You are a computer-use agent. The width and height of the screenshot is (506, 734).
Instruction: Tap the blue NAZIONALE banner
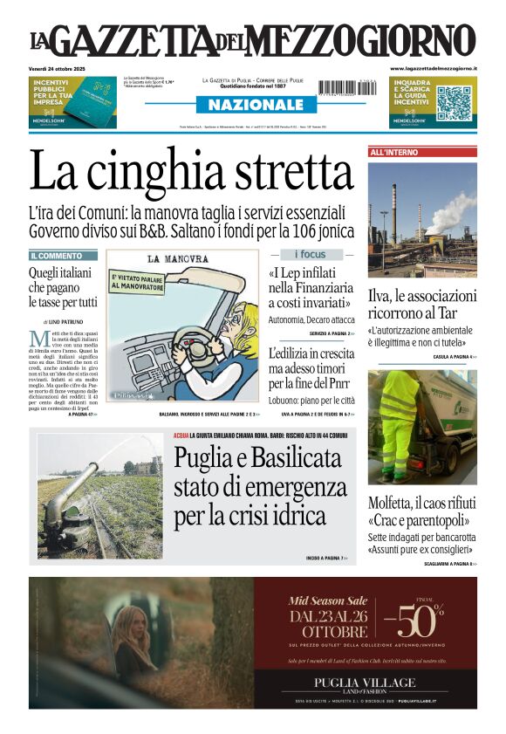(x=250, y=105)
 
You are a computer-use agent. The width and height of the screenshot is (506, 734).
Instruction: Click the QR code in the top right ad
(x=454, y=103)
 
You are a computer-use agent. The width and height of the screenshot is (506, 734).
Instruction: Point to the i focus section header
(x=310, y=255)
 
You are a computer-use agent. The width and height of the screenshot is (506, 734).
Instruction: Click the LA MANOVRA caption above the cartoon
(x=178, y=259)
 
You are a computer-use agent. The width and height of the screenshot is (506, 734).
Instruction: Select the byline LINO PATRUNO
(x=69, y=323)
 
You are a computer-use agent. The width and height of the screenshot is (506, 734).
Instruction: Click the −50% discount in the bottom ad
(x=419, y=622)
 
